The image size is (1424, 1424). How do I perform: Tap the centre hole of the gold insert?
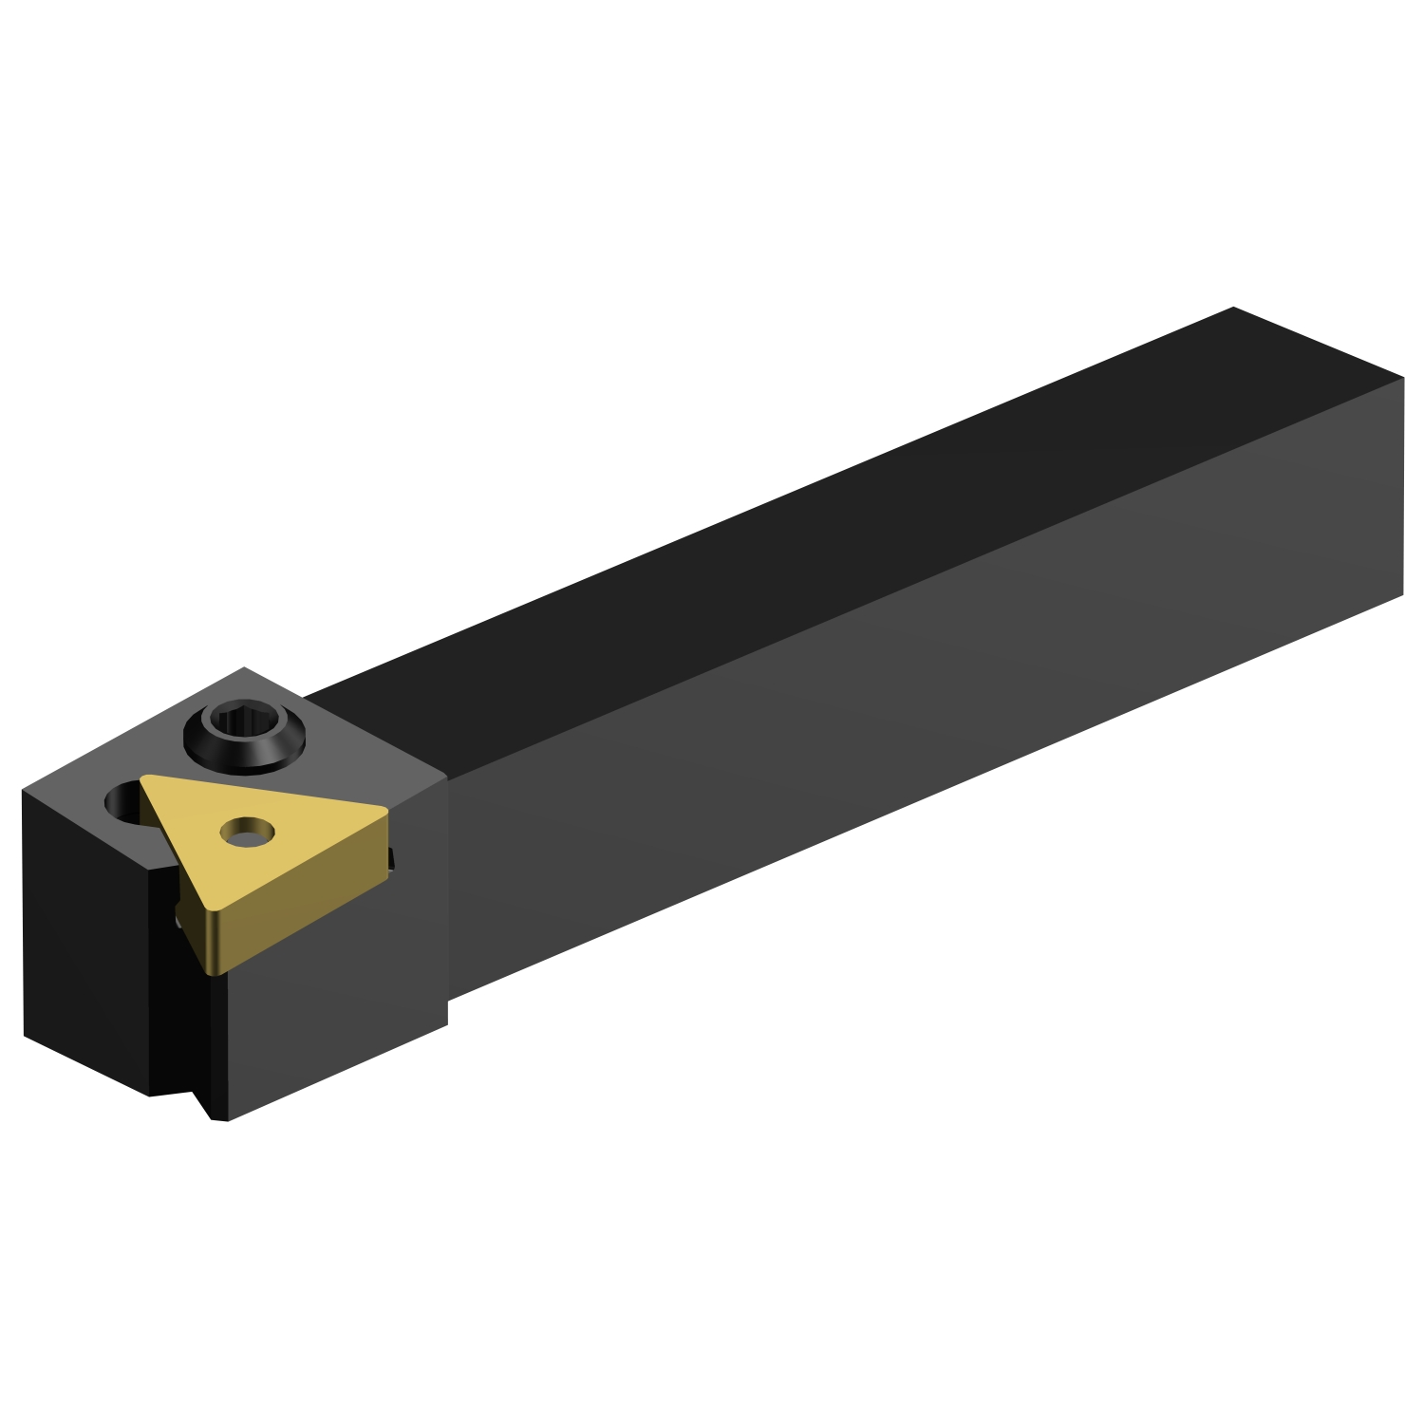(247, 832)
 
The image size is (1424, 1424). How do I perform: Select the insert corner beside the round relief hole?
(145, 780)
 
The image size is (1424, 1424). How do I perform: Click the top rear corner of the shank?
(1232, 309)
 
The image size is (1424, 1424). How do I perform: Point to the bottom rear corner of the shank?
(1402, 594)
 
